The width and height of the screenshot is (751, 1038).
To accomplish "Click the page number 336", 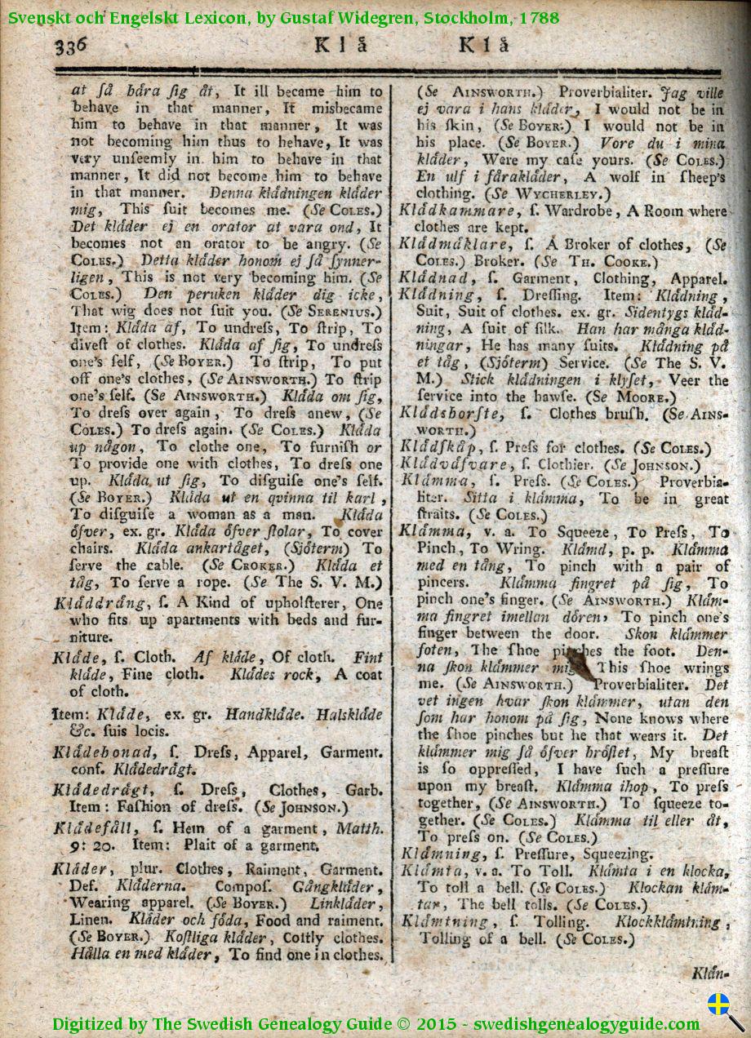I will click(72, 46).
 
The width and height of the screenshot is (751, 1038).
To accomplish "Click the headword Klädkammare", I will click(440, 211).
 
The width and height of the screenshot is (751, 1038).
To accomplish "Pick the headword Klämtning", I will click(445, 921).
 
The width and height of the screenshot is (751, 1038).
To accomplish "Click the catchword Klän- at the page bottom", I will click(709, 973).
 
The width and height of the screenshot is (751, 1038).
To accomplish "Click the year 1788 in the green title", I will click(539, 16).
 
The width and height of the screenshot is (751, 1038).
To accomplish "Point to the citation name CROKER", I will click(249, 565).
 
